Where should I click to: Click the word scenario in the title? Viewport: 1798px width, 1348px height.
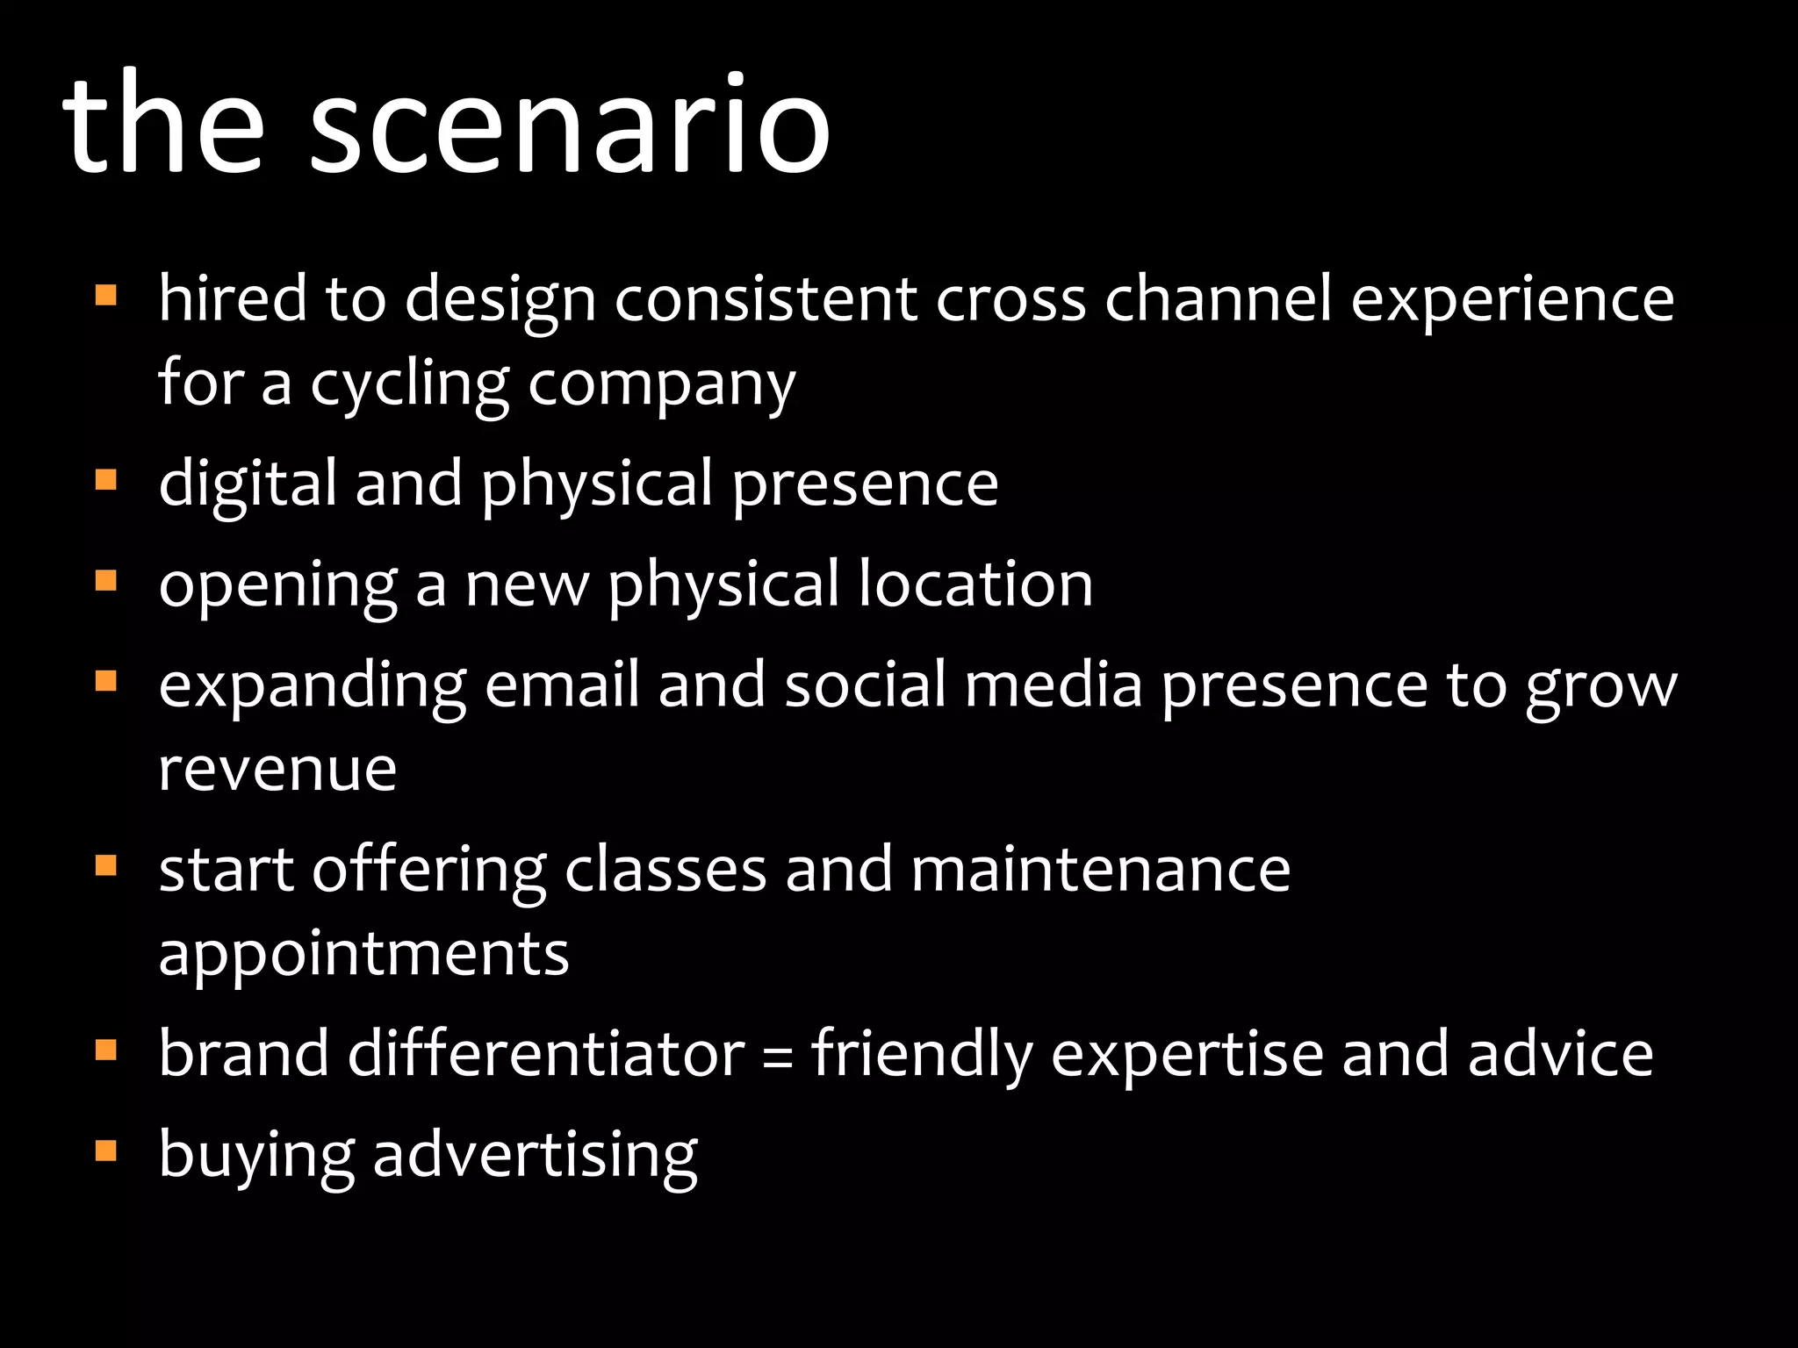tap(569, 125)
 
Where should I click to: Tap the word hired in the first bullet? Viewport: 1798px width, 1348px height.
tap(232, 298)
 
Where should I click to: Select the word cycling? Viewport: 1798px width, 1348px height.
tap(408, 384)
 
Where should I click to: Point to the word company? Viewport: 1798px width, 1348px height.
tap(661, 384)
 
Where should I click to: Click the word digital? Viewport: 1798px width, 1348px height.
tap(248, 484)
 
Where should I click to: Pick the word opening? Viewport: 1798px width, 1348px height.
tap(277, 585)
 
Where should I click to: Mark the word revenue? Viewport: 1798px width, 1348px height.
tap(277, 769)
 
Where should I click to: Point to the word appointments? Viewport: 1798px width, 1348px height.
tap(363, 954)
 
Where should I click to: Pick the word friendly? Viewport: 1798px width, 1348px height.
tap(921, 1055)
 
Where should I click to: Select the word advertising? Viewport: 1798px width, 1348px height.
tap(536, 1155)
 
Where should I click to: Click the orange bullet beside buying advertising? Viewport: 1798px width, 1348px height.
tap(105, 1151)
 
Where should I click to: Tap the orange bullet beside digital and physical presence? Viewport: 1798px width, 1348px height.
tap(105, 480)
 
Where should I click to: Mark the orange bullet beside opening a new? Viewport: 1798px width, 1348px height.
tap(105, 581)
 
